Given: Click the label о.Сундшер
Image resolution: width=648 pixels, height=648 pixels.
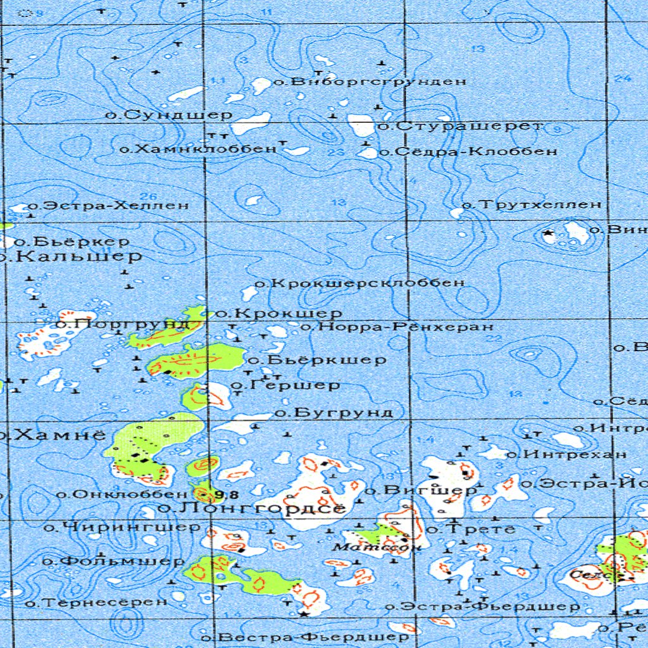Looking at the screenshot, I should click(x=169, y=115).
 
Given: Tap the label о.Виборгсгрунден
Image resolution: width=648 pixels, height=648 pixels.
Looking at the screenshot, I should click(x=370, y=82).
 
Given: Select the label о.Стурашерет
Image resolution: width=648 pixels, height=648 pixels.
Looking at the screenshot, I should click(x=460, y=126).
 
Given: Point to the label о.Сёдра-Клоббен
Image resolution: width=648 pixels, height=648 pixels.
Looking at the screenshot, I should click(x=468, y=151).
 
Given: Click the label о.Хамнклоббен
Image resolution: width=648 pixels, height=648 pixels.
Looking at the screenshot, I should click(x=199, y=149).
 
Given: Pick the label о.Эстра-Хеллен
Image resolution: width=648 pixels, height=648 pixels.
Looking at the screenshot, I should click(x=108, y=206).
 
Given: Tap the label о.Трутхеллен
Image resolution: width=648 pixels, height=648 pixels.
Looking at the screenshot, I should click(x=532, y=204).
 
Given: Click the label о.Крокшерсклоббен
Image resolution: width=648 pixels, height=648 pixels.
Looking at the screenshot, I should click(x=359, y=283).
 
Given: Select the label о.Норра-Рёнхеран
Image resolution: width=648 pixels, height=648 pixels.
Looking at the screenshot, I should click(x=397, y=327).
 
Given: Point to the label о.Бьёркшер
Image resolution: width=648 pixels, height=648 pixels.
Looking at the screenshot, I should click(x=317, y=360).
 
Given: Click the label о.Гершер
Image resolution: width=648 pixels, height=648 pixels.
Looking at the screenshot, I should click(x=286, y=385).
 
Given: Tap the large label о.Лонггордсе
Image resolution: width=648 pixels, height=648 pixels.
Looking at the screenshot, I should click(x=252, y=508).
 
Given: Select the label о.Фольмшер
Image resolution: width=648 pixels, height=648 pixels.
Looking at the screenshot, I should click(x=113, y=561).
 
